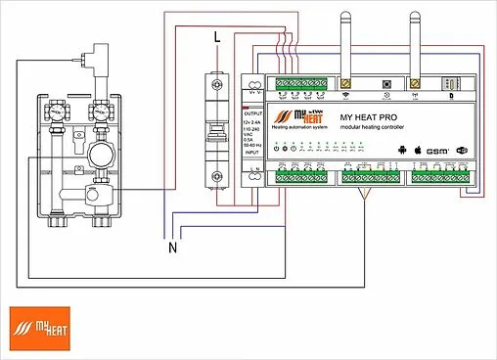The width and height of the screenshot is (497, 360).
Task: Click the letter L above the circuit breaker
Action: pyautogui.click(x=217, y=36)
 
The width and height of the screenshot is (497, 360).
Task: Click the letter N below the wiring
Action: pyautogui.click(x=173, y=247)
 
